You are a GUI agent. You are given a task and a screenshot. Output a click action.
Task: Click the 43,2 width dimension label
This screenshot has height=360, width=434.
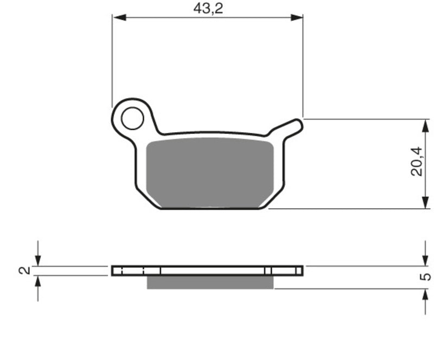(x=208, y=9)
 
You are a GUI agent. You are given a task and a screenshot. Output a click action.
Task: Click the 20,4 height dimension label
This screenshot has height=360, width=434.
(x=417, y=162)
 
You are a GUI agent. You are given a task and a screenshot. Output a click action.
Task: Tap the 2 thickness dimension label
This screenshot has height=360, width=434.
(x=24, y=271)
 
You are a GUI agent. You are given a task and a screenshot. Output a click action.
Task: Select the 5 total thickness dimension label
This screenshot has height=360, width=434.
(x=425, y=277)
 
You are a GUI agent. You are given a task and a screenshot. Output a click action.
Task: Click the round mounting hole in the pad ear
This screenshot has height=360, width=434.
(x=132, y=118)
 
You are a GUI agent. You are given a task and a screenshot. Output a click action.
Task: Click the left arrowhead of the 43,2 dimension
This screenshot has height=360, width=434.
(x=119, y=18)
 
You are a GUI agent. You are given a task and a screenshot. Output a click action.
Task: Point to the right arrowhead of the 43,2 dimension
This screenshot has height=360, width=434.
(x=296, y=18)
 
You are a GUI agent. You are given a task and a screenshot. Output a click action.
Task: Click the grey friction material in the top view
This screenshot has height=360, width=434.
(x=209, y=173)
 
